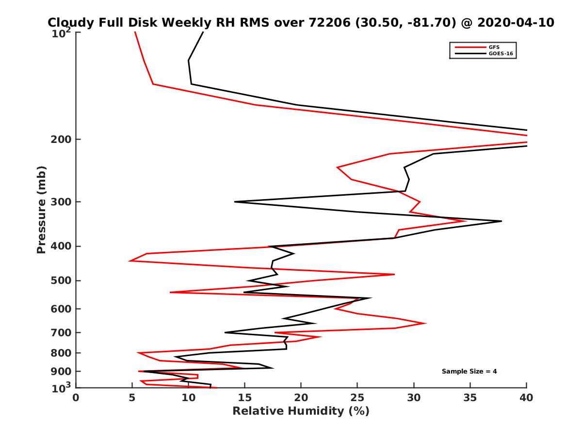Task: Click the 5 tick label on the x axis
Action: [x=132, y=398]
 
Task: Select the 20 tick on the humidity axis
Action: [x=301, y=398]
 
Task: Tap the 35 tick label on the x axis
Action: [x=470, y=398]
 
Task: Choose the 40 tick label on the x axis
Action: [x=526, y=398]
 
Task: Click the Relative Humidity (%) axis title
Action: [x=301, y=411]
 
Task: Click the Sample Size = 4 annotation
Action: [x=469, y=372]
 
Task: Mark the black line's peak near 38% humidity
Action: [x=501, y=221]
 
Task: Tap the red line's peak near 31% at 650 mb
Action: [x=426, y=323]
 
